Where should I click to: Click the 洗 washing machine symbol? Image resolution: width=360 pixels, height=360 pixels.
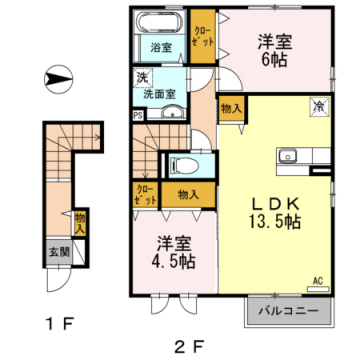(146, 77)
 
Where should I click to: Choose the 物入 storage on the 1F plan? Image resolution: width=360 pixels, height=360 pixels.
(79, 222)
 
